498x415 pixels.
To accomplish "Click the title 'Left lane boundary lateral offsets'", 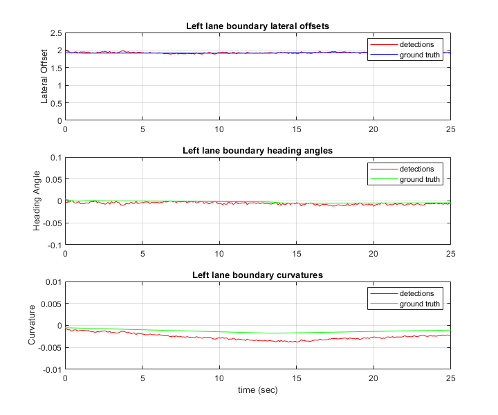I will coord(257,26).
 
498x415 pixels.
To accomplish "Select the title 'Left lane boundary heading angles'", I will coord(257,150).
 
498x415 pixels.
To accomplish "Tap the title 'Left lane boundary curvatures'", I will coord(257,275).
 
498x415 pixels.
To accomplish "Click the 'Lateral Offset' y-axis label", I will coord(45,76).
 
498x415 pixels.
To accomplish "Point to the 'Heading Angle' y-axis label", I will coord(38,201).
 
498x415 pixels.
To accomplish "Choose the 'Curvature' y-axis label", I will coord(32,325).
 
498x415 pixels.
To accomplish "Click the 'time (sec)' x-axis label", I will coord(257,390).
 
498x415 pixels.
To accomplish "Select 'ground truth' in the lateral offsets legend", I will coord(419,55).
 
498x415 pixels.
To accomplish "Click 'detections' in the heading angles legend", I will coord(416,169).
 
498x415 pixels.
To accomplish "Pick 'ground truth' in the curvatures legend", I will coord(419,304).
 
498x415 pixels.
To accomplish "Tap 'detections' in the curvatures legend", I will coord(416,293).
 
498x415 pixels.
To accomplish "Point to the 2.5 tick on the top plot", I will coord(55,33).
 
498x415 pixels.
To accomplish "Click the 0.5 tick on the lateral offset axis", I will coord(55,103).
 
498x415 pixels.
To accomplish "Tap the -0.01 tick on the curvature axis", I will coord(50,369).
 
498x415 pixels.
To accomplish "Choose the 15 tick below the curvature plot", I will coord(296,378).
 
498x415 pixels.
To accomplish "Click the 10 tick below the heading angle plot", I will coord(219,253).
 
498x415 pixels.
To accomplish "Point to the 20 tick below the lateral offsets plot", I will coord(373,129).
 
